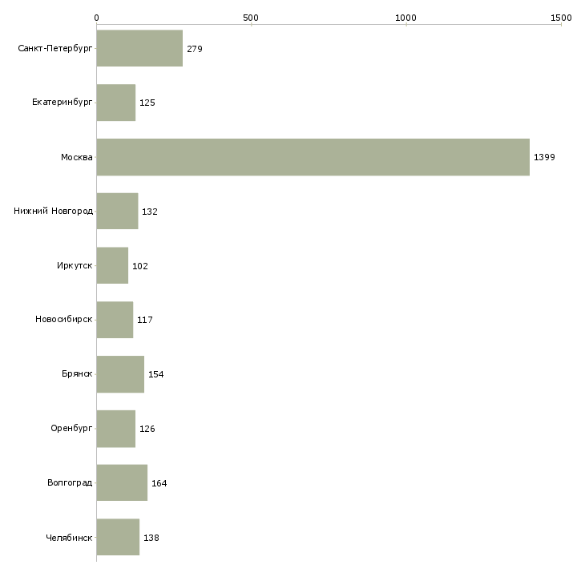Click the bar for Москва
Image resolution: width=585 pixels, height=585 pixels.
313,157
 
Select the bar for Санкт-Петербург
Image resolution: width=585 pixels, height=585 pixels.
139,49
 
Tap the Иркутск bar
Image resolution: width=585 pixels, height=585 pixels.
112,265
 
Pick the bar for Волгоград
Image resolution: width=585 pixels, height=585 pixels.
122,482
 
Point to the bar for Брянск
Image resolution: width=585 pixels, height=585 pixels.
120,374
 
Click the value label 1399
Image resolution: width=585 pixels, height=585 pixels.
544,158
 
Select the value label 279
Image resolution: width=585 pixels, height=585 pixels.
195,50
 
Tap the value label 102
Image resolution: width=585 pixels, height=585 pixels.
140,266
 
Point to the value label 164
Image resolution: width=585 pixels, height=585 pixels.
159,483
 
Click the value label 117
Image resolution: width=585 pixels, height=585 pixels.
145,321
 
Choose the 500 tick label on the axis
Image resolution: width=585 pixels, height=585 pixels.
251,18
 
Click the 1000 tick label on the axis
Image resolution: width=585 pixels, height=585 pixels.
406,18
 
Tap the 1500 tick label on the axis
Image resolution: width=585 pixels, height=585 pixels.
561,18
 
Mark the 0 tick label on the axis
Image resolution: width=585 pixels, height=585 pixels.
97,18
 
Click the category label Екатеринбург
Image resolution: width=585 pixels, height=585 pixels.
63,103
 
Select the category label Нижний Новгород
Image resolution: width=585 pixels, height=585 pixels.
54,212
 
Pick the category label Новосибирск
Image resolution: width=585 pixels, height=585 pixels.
64,320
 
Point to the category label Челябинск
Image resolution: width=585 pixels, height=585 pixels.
69,537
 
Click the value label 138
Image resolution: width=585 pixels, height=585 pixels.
151,538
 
